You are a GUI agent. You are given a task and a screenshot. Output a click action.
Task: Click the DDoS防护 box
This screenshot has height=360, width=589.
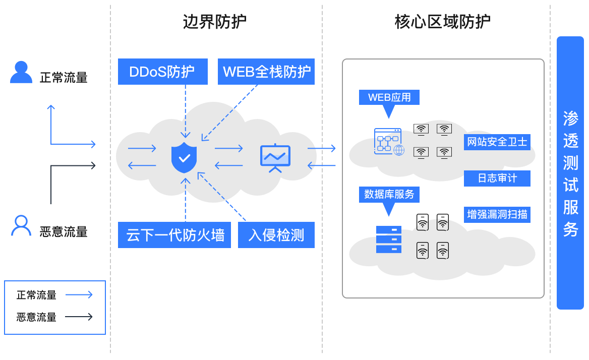pos(162,72)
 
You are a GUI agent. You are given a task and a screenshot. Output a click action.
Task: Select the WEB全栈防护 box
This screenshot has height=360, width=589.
pos(266,72)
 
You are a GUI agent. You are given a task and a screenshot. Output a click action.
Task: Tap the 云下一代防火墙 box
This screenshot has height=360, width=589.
pos(174,235)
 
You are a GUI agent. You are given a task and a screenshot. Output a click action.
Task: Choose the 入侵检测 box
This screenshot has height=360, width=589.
pos(276,235)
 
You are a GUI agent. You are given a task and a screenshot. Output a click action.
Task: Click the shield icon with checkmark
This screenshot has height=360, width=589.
pos(184,157)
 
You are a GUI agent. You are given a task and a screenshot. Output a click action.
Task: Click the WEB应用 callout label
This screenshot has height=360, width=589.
pos(389,97)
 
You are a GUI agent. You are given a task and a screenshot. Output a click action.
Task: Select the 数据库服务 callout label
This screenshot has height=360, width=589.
pos(389,194)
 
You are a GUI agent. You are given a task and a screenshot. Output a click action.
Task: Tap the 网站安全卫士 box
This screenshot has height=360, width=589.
pos(497,142)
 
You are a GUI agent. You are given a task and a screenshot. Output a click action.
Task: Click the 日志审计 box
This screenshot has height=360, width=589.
pos(497,178)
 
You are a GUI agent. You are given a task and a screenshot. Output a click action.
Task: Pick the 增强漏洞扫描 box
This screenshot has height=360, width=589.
pos(497,214)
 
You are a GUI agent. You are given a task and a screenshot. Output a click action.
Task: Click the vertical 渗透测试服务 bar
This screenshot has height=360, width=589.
pos(570,173)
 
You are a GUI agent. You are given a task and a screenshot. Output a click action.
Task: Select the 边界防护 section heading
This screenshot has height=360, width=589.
pos(214,22)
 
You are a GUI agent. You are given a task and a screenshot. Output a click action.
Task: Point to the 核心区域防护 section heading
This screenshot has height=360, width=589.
pos(442,22)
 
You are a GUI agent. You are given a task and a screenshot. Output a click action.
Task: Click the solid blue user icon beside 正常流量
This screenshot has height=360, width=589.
pos(21,72)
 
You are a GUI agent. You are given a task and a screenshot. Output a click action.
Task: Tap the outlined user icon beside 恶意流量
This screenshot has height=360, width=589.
pos(21,226)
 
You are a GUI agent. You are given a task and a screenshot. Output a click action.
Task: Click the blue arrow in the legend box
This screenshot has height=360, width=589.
pos(79,295)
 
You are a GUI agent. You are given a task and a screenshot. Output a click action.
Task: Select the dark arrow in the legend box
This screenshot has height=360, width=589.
pos(79,317)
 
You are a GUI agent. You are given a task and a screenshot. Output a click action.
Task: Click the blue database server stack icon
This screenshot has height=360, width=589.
pos(389,239)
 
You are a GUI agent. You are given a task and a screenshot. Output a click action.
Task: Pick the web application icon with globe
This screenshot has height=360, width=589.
pos(389,142)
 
